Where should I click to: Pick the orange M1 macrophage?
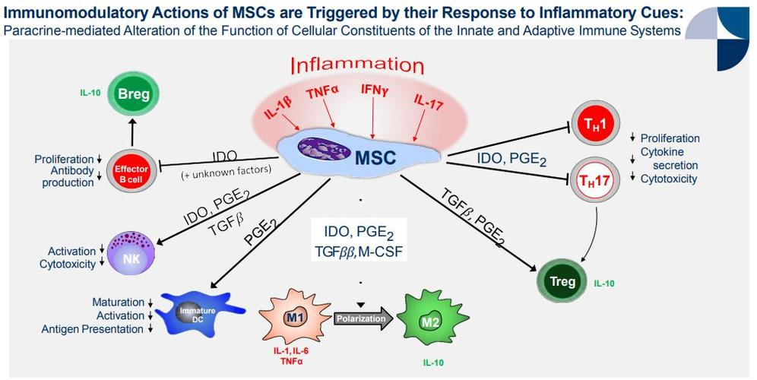[x=293, y=316]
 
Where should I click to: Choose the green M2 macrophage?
[x=431, y=317]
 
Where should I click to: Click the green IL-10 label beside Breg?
[x=90, y=94]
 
